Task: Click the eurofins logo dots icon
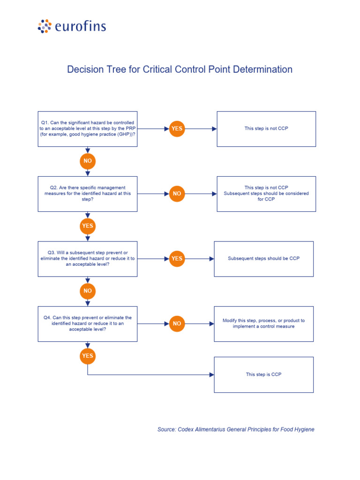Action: pos(45,26)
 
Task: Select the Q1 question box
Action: pos(88,128)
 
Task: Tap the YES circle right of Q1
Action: pos(177,128)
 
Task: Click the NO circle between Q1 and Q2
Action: pos(88,161)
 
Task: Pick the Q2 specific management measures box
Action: pos(88,194)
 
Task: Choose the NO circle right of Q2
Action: pos(177,194)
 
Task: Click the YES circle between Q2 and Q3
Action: pos(88,226)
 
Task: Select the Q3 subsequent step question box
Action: pos(88,259)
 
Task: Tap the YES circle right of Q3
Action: pos(177,259)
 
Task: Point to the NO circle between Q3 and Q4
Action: pos(88,291)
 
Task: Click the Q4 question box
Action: pos(88,323)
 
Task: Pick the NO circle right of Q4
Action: pos(177,323)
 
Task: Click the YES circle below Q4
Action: pos(88,356)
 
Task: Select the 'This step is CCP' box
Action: pos(264,375)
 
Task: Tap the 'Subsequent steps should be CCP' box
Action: pos(264,259)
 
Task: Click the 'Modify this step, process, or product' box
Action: pos(264,323)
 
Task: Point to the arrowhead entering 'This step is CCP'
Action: pos(212,375)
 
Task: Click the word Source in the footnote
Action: pos(166,429)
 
